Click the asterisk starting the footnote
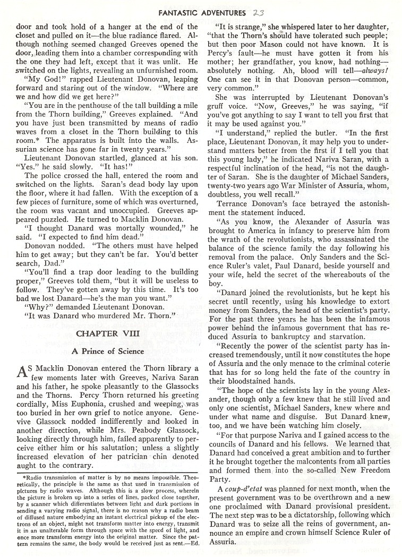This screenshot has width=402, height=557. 17,477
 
